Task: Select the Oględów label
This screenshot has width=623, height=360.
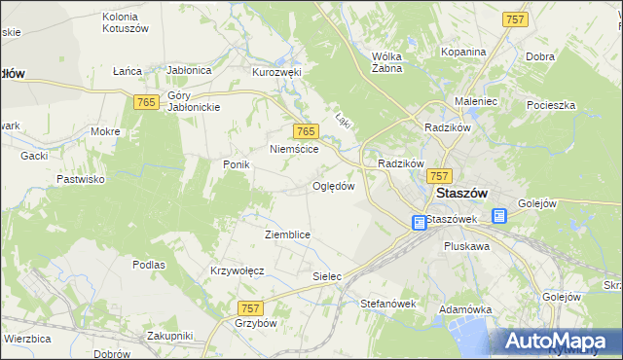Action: [x=332, y=186]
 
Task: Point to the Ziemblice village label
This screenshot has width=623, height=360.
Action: [x=287, y=234]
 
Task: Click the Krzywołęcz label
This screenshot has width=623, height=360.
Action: [x=238, y=270]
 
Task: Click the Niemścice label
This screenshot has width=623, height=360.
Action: [x=296, y=150]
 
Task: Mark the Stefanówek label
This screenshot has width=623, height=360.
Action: [x=388, y=304]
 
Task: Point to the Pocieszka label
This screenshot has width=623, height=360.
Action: [x=551, y=104]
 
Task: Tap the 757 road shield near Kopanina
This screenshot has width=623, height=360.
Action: [x=515, y=19]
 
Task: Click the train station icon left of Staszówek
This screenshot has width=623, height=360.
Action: [x=419, y=223]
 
